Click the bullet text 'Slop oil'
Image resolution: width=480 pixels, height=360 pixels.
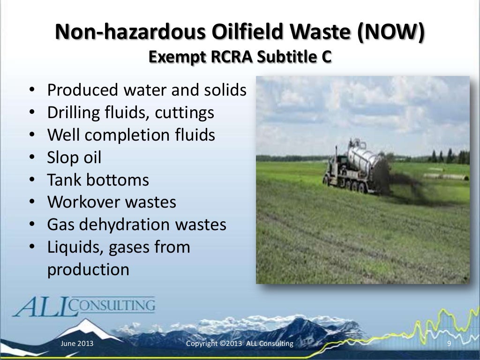pos(74,157)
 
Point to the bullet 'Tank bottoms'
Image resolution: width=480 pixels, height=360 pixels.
pos(98,180)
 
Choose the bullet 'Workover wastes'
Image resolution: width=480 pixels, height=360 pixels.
pos(112,202)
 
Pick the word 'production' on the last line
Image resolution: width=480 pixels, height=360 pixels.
pos(88,270)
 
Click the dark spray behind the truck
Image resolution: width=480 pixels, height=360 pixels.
pos(403,183)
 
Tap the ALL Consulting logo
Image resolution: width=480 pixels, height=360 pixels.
pos(84,307)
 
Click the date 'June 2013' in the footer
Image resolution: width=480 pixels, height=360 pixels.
pos(77,344)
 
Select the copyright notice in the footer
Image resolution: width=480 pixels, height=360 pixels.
pos(240,344)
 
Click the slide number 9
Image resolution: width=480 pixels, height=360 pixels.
pos(449,344)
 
